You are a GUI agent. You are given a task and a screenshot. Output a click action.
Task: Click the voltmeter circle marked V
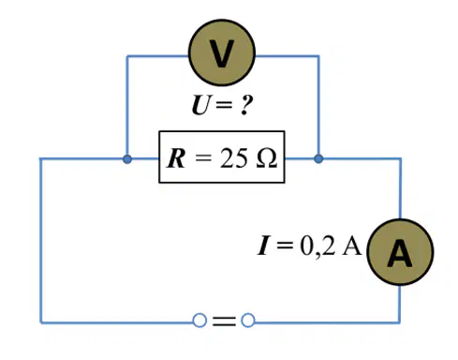[x=222, y=52]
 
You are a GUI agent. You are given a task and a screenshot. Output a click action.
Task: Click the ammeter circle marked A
[x=400, y=252]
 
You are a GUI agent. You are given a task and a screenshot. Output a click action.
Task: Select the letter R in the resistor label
[x=177, y=158]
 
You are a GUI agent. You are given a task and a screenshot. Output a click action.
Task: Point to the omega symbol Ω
[x=266, y=158]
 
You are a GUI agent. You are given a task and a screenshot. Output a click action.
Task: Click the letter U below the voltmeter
[x=200, y=105]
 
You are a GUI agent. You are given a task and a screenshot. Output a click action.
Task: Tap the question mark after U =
[x=245, y=105]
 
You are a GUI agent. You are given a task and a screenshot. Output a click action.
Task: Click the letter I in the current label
[x=263, y=246]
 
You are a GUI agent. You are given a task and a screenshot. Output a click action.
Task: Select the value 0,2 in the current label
[x=318, y=247]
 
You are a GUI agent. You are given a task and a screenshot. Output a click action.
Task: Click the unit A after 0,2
[x=352, y=246]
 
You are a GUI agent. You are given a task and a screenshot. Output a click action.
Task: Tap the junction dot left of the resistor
[x=127, y=159]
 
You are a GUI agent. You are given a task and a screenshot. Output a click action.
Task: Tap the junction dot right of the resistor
[x=318, y=159]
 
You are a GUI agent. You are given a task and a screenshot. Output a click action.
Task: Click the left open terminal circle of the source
[x=199, y=321]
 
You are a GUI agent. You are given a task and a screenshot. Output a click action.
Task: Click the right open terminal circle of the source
[x=248, y=321]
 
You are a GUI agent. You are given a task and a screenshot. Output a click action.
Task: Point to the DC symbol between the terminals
[x=224, y=321]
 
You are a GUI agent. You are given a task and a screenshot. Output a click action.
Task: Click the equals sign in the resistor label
[x=203, y=158]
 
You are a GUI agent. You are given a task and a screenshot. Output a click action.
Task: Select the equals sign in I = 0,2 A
[x=285, y=246]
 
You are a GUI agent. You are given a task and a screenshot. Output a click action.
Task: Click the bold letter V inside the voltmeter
[x=222, y=53]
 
